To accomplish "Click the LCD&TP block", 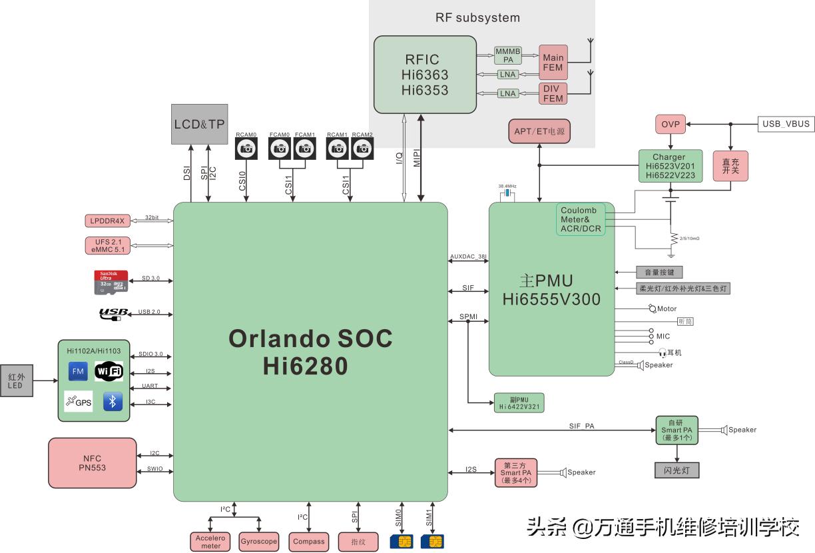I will click(x=199, y=124).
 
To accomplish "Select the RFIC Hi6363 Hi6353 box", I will click(x=424, y=74).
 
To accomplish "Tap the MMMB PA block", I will click(x=508, y=55).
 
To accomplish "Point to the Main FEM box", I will click(x=553, y=63).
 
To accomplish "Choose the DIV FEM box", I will click(x=553, y=93).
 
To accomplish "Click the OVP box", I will click(x=670, y=124).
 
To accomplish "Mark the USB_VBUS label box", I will click(x=786, y=124).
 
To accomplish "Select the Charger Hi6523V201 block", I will click(x=671, y=166).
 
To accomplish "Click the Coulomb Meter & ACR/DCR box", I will click(x=581, y=220).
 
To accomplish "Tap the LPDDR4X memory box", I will click(x=107, y=221).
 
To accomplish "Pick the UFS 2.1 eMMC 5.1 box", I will click(x=107, y=245).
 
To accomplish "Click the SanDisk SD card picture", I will click(x=111, y=282).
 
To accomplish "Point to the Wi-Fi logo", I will click(x=109, y=371).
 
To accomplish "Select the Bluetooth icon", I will click(x=113, y=402).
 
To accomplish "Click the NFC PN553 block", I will click(x=93, y=462).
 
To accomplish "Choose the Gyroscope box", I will click(x=258, y=542).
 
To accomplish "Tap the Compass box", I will click(x=308, y=542).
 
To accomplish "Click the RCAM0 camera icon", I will click(x=246, y=149).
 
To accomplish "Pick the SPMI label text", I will click(x=468, y=316).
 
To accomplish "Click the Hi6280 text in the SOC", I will click(x=304, y=365).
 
